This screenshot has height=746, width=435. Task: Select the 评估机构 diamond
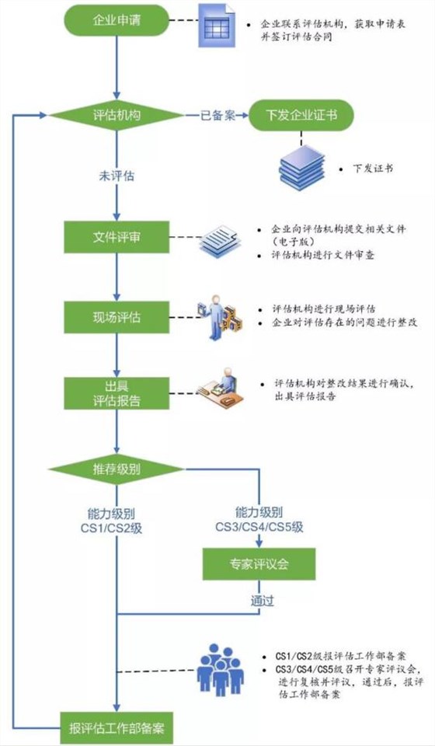(x=116, y=116)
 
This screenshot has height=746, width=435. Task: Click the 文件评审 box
(x=116, y=236)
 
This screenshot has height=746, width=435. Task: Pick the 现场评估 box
(x=116, y=315)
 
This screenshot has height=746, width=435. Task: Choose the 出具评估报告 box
(x=116, y=393)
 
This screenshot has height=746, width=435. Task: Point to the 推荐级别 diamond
(x=116, y=469)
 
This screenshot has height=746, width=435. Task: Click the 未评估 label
(x=116, y=176)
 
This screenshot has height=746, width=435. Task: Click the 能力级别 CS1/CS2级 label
(x=116, y=521)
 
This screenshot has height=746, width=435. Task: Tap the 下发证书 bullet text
(x=372, y=168)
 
